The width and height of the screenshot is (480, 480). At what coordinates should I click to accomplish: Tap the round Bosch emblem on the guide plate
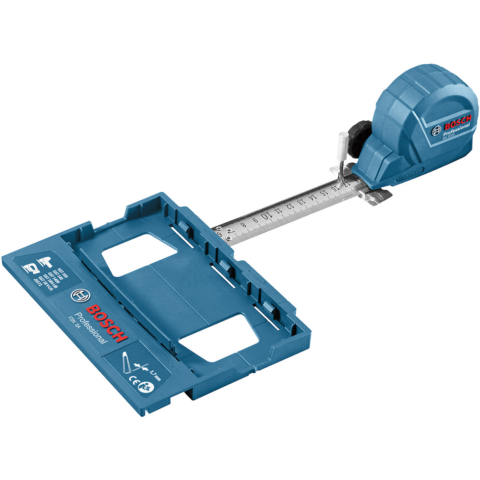pos(78,296)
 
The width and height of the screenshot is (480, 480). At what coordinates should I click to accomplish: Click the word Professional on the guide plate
pos(90,328)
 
